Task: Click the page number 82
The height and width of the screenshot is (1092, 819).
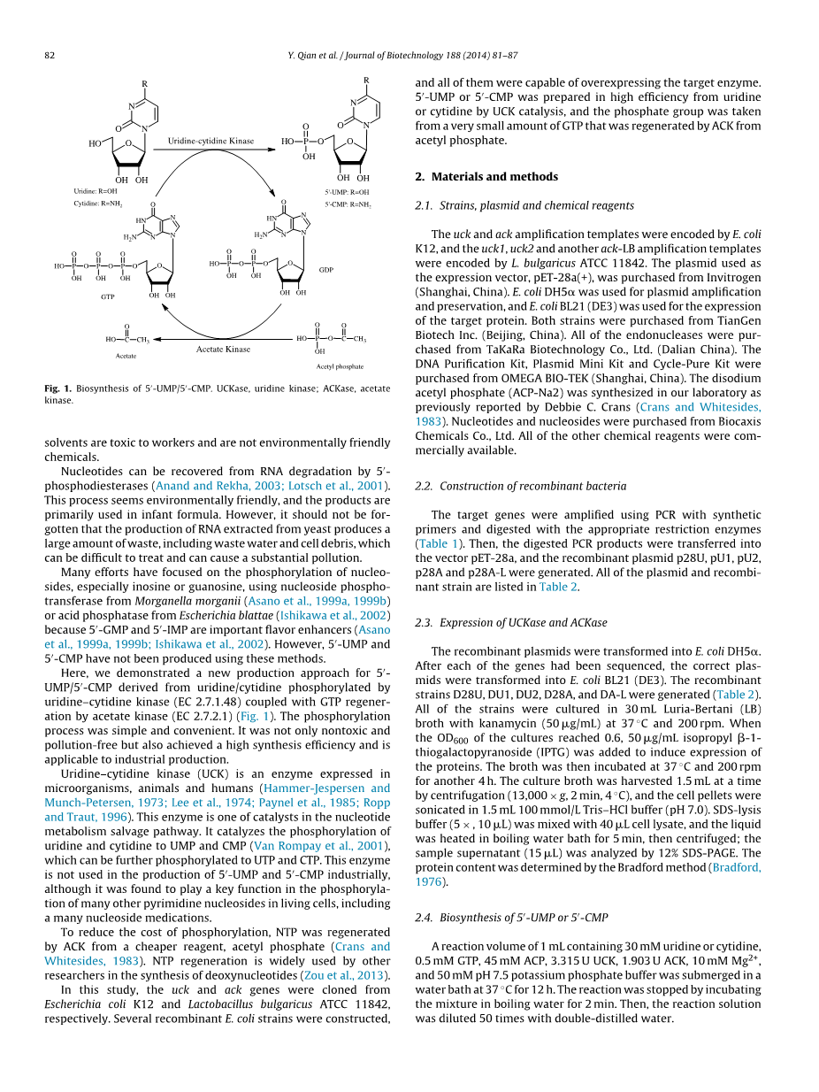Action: (50, 56)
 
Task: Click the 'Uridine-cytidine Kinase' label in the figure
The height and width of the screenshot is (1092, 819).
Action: (210, 141)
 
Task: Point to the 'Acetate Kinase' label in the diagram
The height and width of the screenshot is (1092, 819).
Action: (223, 350)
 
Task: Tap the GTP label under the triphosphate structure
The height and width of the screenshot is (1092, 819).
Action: (107, 297)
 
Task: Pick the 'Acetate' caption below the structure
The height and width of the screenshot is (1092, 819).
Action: (126, 355)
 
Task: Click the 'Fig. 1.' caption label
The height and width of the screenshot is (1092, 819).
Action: (60, 388)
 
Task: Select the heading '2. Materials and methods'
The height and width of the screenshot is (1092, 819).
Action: (486, 177)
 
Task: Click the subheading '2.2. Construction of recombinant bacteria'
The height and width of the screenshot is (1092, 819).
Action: (521, 486)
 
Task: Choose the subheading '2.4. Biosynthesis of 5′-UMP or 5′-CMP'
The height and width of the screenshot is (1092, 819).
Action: (511, 918)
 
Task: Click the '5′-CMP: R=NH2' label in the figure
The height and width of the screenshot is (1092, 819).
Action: (348, 204)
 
